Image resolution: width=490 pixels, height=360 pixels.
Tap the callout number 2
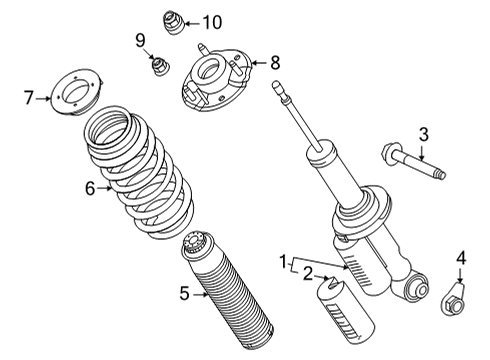308,273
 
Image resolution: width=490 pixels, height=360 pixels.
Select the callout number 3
423,134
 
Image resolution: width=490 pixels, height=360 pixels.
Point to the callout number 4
461,260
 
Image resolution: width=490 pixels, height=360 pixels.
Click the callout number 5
184,293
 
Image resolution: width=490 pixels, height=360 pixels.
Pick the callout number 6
89,187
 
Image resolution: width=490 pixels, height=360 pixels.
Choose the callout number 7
30,97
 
